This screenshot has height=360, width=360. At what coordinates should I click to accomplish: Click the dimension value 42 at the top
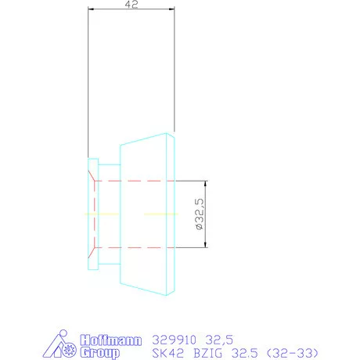point(131,4)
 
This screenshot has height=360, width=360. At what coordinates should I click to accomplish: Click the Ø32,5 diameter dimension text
point(200,213)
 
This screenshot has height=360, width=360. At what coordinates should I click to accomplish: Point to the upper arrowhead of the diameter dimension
point(206,184)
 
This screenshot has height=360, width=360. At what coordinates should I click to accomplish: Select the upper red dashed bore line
point(133,181)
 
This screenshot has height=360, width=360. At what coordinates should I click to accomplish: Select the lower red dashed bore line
point(133,247)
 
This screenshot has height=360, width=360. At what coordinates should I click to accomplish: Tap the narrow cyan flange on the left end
point(92,214)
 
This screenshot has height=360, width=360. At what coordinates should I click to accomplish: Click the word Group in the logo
point(99,353)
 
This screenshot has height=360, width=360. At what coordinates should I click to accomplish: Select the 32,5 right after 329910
point(220,340)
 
